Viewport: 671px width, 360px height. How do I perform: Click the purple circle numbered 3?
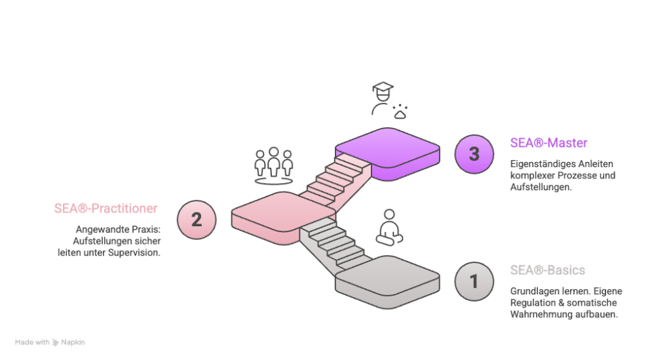point(474,154)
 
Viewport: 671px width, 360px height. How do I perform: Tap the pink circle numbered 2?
point(197,219)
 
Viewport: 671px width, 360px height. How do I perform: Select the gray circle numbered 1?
point(474,281)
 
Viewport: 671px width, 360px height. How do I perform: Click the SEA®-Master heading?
point(548,142)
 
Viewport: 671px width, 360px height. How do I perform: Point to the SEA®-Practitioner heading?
point(106,209)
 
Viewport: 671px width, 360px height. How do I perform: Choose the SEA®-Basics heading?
point(547,270)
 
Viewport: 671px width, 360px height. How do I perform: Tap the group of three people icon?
point(274,166)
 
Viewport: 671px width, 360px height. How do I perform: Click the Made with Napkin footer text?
point(50,342)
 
